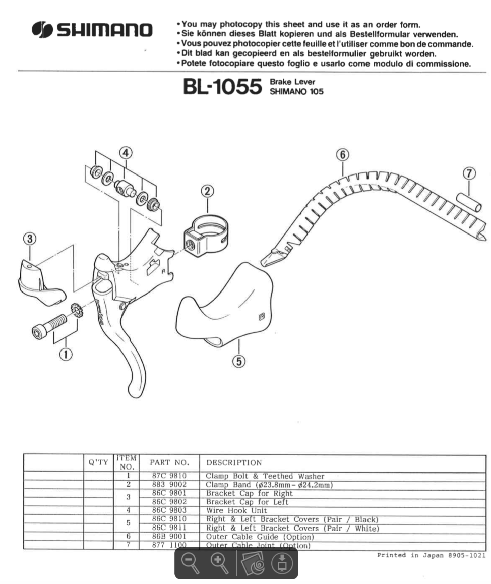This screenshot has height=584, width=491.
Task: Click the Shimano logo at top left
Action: pos(92,31)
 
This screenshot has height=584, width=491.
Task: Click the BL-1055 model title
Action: pos(222,87)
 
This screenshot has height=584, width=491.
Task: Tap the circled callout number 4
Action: pos(126,152)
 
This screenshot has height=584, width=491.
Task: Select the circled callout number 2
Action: pos(207,191)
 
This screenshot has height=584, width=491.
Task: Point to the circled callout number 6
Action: pos(343,154)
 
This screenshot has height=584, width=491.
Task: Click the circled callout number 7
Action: pos(469,173)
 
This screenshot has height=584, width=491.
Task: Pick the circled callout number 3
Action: pos(30,238)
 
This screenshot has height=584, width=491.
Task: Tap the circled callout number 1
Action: pos(65,354)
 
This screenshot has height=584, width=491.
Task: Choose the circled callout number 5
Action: pos(239,361)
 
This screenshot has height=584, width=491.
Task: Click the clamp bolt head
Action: pos(39,333)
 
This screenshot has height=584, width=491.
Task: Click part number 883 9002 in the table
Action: pos(169,485)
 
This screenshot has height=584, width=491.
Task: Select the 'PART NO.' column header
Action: pos(169,462)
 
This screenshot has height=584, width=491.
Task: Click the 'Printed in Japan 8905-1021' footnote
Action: pos(431,555)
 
